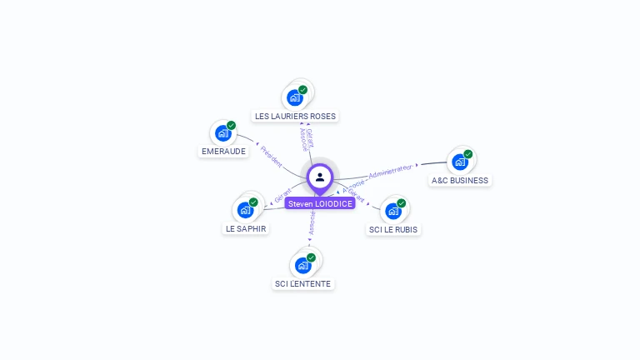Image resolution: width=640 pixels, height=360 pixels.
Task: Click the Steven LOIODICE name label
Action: pos(320,203)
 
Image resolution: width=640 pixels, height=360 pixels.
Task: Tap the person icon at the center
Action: pos(320,177)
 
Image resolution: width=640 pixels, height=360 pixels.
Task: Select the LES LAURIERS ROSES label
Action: pos(296,116)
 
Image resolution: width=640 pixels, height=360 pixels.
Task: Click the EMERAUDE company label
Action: pos(223,152)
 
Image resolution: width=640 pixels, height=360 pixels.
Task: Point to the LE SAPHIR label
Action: pos(247,228)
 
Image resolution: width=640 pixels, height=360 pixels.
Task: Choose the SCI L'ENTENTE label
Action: pos(302,283)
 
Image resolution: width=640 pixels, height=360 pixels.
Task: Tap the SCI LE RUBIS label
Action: pos(393,229)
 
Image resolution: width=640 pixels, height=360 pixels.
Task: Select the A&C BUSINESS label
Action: pos(460,180)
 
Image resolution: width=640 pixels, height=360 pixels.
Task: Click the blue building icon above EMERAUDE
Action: pos(222,133)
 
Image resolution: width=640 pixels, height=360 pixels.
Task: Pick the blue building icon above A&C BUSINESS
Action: pos(459,162)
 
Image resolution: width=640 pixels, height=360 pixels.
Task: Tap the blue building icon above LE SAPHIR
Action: pos(245,210)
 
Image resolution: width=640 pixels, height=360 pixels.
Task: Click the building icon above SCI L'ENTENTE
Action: pos(302,265)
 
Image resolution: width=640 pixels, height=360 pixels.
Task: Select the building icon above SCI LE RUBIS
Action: pos(393,211)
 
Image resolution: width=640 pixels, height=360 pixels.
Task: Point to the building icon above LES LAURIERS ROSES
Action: pos(294,97)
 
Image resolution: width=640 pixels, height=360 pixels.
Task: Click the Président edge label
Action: pos(271,156)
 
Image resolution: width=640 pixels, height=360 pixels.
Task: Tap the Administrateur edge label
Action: pos(391,171)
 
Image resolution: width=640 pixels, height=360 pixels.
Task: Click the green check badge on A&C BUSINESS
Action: pos(468,154)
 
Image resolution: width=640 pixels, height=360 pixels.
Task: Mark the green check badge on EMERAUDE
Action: pos(231,126)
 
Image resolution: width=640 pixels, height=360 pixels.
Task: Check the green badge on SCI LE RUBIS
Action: pos(402,203)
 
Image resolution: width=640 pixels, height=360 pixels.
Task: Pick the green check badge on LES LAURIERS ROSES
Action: pos(302,90)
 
